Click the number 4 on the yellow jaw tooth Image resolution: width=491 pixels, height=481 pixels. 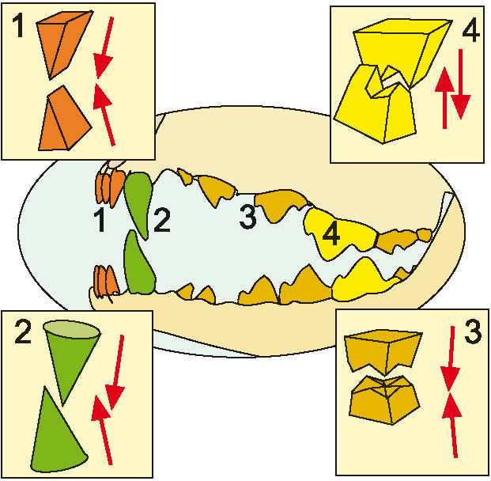click(331, 234)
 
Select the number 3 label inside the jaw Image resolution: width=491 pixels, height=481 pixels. click(247, 218)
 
